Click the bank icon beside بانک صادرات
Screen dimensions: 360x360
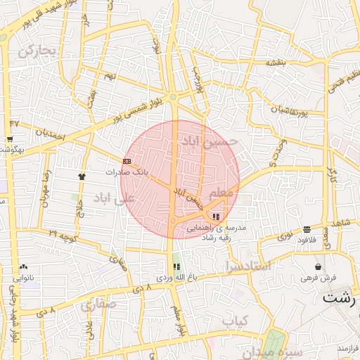point(126,161)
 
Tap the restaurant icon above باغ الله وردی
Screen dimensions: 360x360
point(176,267)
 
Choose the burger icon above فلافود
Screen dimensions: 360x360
point(307,229)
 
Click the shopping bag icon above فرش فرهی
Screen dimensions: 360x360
point(319,267)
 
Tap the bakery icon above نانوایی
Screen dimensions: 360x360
point(24,267)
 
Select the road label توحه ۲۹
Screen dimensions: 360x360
point(63,232)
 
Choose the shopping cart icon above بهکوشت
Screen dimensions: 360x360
point(13,124)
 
